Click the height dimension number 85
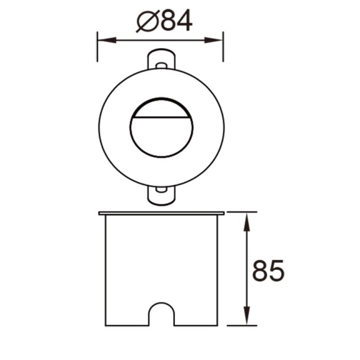click(x=268, y=271)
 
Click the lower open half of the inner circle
click(x=161, y=138)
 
